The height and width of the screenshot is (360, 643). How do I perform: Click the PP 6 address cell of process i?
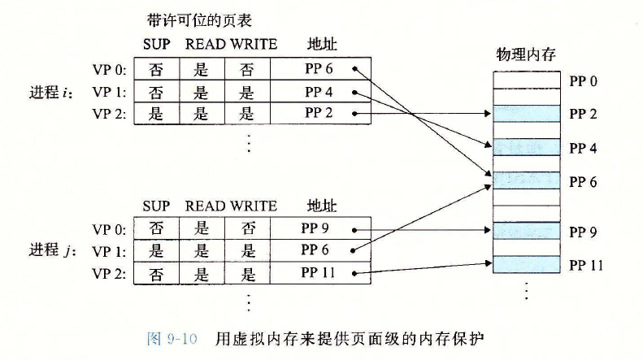(319, 69)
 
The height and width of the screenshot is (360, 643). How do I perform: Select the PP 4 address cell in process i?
(319, 92)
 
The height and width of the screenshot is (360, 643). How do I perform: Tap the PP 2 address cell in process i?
(319, 115)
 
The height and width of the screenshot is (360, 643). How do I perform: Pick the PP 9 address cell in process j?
(319, 228)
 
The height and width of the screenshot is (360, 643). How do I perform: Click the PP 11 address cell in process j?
(319, 274)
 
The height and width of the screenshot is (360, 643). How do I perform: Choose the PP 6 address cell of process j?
(319, 250)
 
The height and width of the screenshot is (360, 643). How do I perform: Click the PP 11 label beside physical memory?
(586, 265)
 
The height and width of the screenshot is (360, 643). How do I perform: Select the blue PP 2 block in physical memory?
(527, 115)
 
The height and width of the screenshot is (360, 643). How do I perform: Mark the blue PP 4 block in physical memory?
(527, 147)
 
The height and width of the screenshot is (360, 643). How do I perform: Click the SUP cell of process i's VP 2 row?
(155, 115)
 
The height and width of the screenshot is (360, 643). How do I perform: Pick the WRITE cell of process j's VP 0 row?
(248, 228)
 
